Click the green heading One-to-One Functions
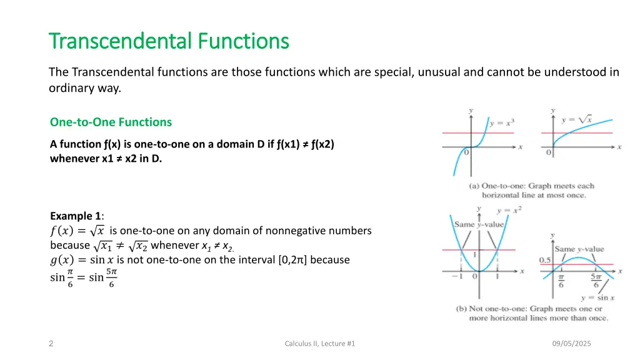(x=111, y=122)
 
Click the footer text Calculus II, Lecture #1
(x=319, y=344)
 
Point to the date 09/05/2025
(x=572, y=344)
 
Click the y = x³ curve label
(x=502, y=123)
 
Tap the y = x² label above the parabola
(x=509, y=211)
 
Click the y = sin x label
(x=593, y=297)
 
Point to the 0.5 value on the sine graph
(x=545, y=260)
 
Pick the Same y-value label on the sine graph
(x=579, y=249)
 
